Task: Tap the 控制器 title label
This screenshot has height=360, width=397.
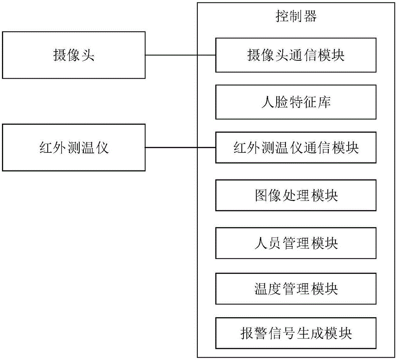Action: coord(296,17)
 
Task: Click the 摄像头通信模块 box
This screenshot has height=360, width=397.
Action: coord(296,55)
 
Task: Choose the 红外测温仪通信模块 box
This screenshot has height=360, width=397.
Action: coord(296,148)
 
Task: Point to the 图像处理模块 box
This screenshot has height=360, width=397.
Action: coord(296,195)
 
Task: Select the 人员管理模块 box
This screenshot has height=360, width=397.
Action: coord(296,242)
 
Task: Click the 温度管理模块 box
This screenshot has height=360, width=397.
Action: coord(296,288)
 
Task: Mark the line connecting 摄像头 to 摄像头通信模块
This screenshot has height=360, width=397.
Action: coord(180,55)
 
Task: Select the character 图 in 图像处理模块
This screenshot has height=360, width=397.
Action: coord(261,195)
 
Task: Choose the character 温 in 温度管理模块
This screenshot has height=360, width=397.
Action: coord(261,288)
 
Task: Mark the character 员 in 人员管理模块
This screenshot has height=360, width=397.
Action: coord(275,242)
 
